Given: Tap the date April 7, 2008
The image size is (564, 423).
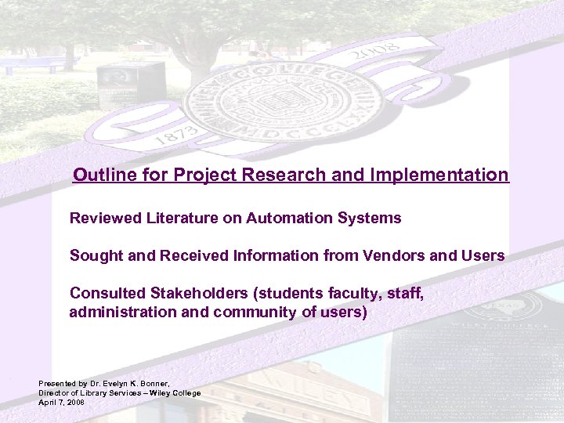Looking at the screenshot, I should coord(61,401).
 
